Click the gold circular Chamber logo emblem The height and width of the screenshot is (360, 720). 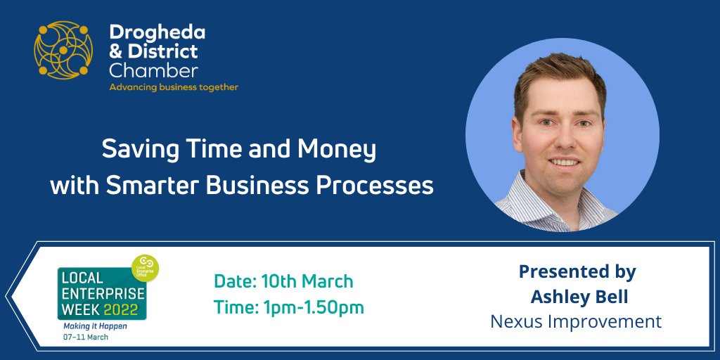[x=63, y=50]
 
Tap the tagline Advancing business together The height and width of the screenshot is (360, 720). [x=173, y=88]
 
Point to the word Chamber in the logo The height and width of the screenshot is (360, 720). [x=153, y=71]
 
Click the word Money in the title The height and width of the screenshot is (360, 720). [x=338, y=150]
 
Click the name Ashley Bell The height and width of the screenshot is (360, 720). [x=579, y=297]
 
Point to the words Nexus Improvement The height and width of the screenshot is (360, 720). [x=576, y=321]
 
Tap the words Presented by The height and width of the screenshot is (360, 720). [x=577, y=271]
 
